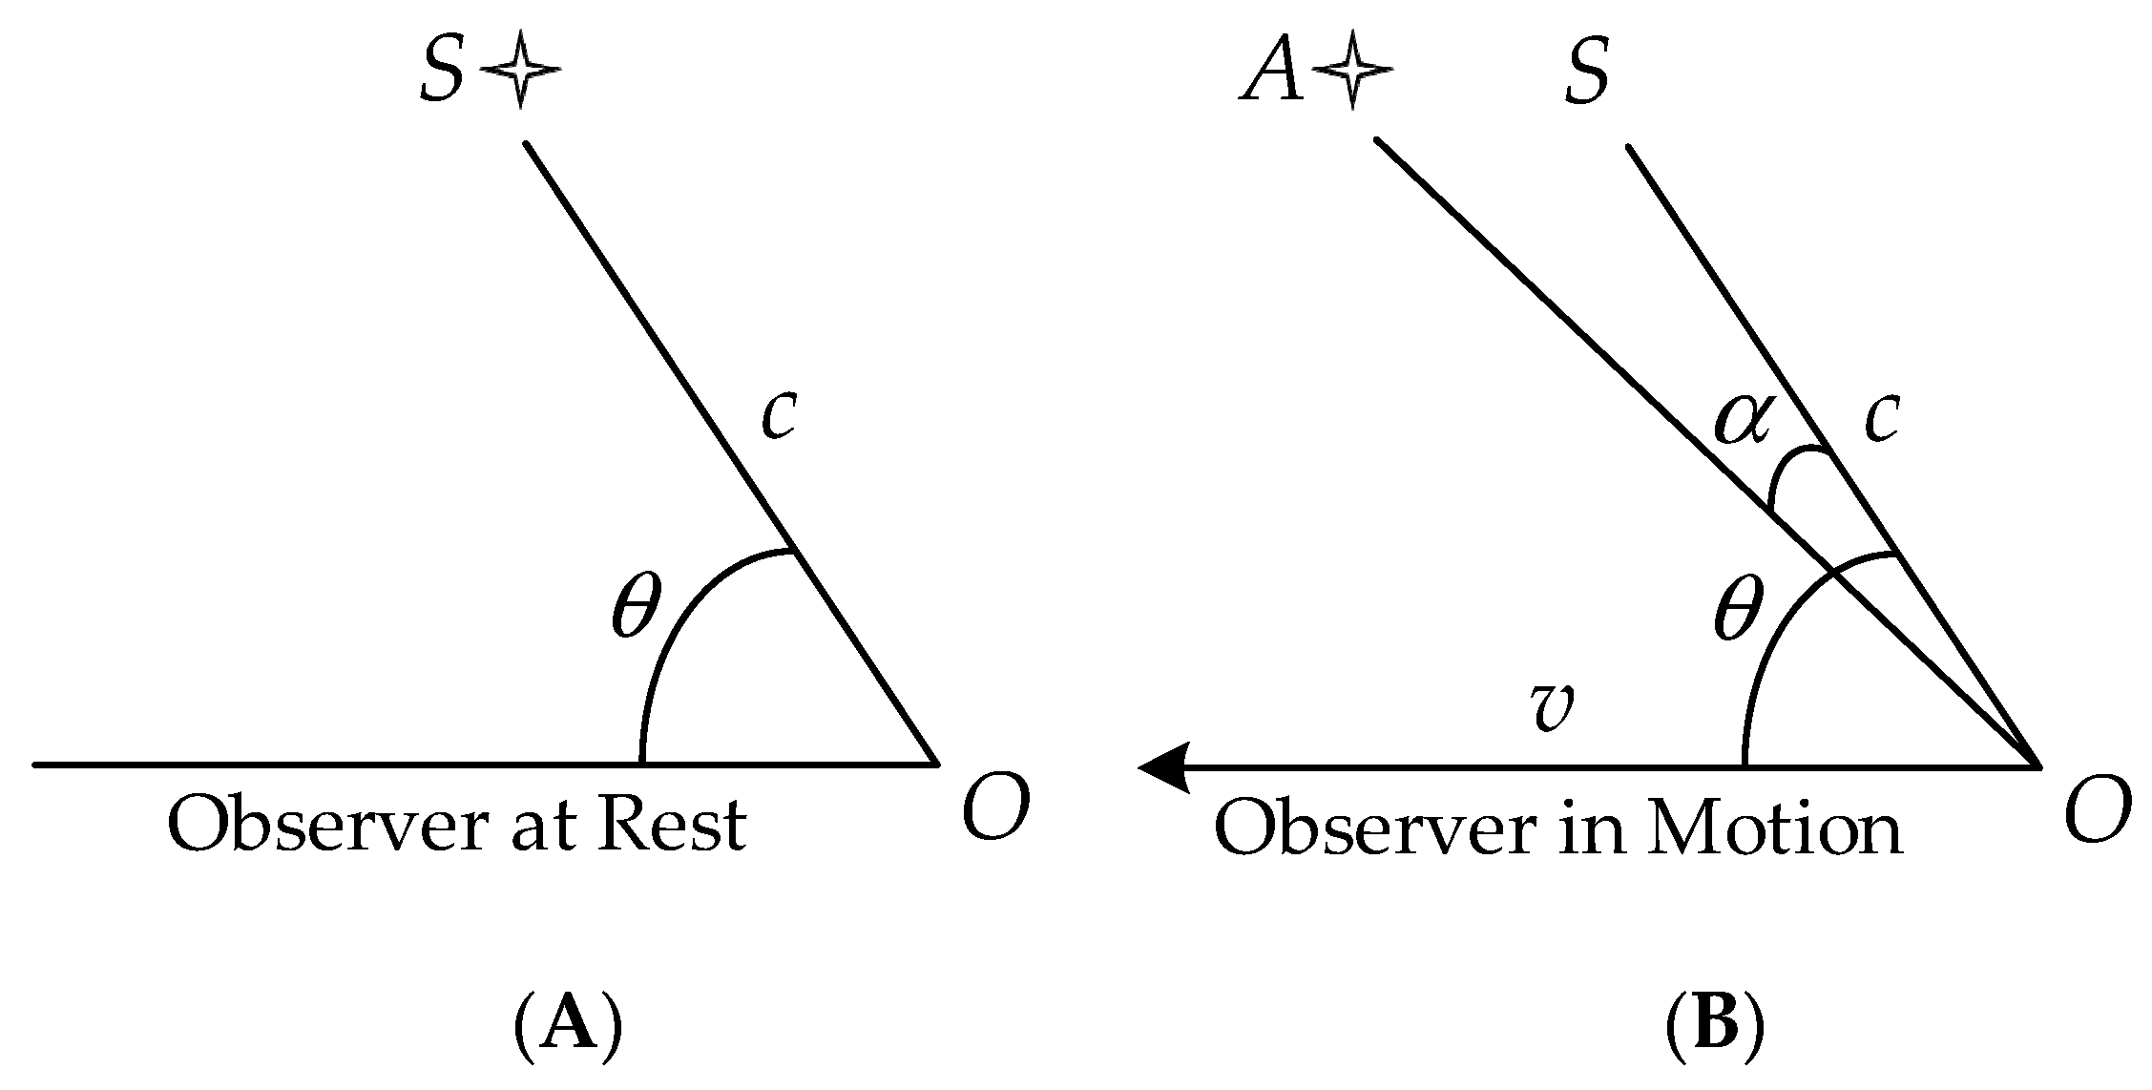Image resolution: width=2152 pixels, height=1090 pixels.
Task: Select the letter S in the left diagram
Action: tap(442, 73)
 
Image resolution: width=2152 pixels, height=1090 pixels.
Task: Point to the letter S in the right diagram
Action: tap(1586, 73)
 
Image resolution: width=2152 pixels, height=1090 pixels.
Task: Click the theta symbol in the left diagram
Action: tap(636, 606)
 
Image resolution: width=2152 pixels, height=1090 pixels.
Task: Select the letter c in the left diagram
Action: tap(779, 416)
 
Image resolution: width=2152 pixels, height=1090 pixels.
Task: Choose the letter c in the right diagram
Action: tap(1881, 418)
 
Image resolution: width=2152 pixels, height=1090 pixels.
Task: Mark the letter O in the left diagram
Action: tap(995, 807)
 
